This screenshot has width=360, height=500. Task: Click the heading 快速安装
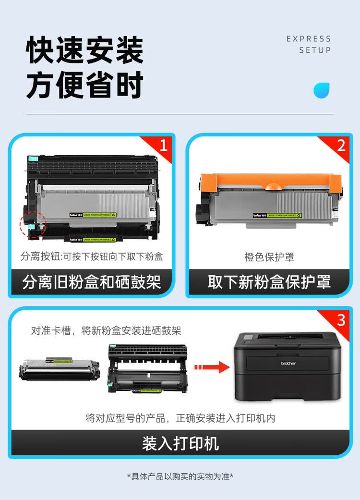[84, 50]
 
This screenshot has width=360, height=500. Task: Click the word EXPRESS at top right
[309, 39]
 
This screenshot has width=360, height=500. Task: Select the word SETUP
[315, 50]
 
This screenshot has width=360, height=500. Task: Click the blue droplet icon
[321, 90]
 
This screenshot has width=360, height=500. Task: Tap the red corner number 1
[163, 145]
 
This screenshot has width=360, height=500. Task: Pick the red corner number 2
[341, 145]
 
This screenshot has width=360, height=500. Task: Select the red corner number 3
[341, 320]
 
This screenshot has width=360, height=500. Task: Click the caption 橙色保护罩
[269, 257]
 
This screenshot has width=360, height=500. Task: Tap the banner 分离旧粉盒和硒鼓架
[91, 282]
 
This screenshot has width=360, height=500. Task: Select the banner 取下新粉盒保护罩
[269, 282]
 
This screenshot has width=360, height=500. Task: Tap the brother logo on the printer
[288, 364]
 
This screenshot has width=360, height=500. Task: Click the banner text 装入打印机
[180, 443]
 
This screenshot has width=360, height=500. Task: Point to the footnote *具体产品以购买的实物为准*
[180, 476]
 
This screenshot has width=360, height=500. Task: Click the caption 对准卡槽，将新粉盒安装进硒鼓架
[106, 331]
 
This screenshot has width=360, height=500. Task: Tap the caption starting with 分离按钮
[91, 256]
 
